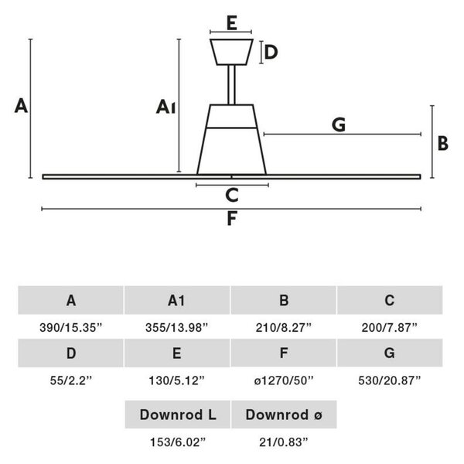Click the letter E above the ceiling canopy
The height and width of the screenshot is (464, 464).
232,23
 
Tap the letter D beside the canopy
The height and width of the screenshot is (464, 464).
271,53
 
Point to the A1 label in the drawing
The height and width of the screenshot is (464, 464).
165,107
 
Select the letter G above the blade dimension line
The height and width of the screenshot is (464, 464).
339,125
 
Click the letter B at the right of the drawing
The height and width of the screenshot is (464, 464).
443,144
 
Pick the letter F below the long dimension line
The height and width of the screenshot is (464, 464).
232,219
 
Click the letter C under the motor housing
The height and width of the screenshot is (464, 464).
232,196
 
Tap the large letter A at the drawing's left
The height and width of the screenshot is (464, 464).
21,106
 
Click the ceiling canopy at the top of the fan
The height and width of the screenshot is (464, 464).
231,52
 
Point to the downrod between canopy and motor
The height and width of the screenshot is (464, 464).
232,84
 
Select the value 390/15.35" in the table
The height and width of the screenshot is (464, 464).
70,328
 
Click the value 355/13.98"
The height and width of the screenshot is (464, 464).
176,328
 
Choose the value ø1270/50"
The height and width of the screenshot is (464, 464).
284,380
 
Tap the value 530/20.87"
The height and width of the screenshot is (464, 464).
390,380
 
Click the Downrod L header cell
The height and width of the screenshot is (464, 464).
178,415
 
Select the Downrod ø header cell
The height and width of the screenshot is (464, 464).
284,415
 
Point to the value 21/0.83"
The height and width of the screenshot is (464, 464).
284,442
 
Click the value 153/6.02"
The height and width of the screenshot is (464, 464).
178,442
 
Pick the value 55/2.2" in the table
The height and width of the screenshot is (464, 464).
71,380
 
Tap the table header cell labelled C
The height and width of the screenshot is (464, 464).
390,300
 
